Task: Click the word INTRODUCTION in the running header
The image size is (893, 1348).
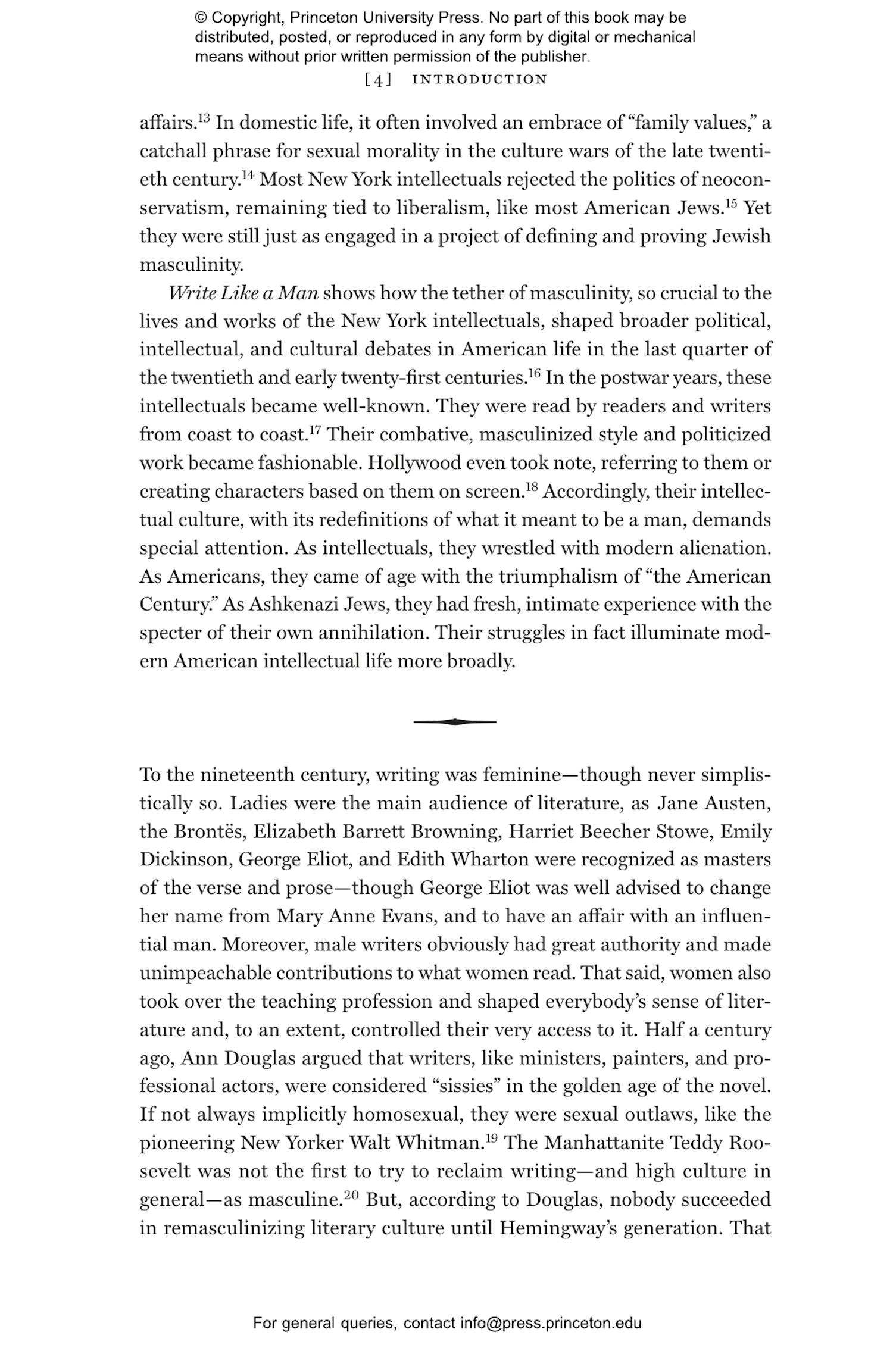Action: coord(479,79)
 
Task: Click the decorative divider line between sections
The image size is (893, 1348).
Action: coord(455,722)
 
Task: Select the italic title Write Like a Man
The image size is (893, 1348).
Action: coord(243,293)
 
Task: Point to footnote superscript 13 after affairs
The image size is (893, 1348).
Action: coord(204,118)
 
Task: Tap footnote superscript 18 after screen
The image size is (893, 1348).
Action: coord(532,487)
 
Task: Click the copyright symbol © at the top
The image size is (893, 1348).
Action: coord(201,18)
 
